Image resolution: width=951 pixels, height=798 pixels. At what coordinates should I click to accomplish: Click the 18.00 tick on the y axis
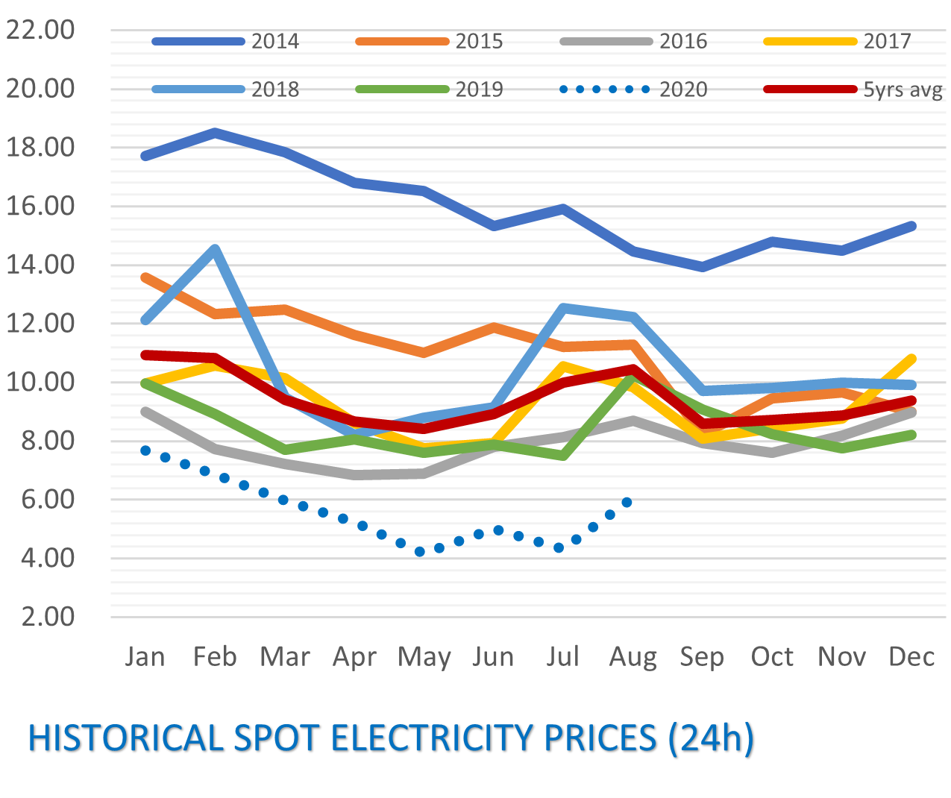(x=40, y=147)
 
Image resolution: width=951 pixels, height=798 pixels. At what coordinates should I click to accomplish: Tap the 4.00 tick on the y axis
(x=40, y=558)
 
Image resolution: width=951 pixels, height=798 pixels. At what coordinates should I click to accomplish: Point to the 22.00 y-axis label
(x=40, y=30)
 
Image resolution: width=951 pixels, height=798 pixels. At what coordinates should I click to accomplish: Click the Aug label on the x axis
(x=633, y=656)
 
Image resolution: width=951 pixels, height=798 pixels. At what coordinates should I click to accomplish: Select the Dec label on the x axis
(x=911, y=656)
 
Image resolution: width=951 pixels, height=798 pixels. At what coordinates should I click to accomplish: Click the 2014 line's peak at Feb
(x=215, y=133)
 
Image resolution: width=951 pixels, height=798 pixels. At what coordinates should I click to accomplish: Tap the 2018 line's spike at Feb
(x=215, y=249)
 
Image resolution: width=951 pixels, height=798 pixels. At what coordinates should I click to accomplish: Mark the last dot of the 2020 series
(x=627, y=502)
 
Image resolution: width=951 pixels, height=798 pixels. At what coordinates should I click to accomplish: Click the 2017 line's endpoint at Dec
(x=911, y=359)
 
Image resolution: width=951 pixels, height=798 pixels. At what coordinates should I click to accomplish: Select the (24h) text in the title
(x=711, y=738)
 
